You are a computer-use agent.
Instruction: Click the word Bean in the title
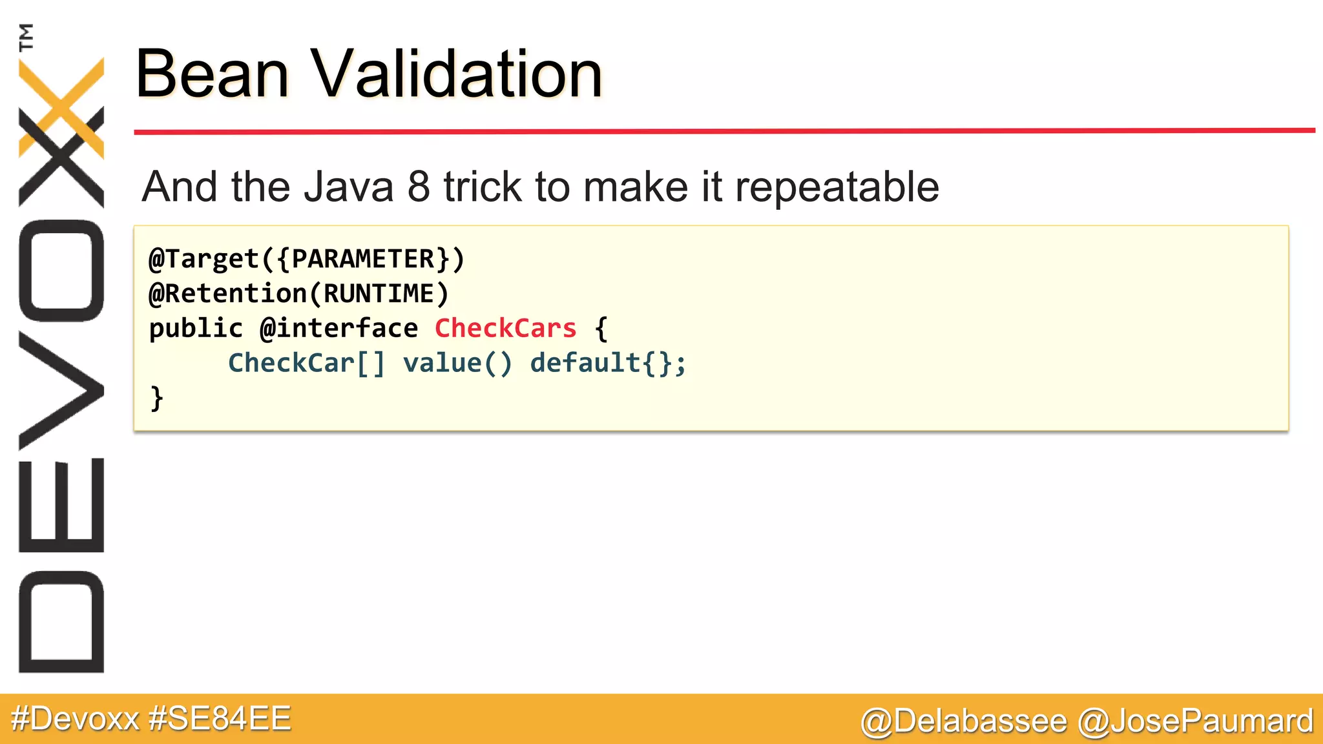(212, 74)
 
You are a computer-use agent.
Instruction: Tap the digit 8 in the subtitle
(419, 187)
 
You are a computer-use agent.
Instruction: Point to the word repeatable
(837, 187)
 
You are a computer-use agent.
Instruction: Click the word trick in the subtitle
(482, 187)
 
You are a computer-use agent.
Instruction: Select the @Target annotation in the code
(203, 259)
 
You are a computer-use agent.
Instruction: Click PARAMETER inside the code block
(363, 259)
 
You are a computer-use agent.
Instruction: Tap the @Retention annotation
(227, 294)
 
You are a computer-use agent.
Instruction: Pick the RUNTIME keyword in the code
(379, 294)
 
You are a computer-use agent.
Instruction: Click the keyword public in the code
(196, 329)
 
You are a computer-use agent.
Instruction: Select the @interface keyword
(339, 329)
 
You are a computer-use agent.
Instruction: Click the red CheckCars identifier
(505, 329)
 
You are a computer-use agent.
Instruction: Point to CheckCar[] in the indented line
(306, 363)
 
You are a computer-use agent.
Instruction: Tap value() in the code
(457, 363)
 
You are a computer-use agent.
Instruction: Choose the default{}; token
(608, 363)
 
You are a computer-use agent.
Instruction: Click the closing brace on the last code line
(157, 398)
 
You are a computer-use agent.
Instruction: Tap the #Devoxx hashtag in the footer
(75, 719)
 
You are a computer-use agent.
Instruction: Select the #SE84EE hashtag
(220, 719)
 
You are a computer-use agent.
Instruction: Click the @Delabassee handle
(964, 721)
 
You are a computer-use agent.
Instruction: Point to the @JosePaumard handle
(1196, 721)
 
